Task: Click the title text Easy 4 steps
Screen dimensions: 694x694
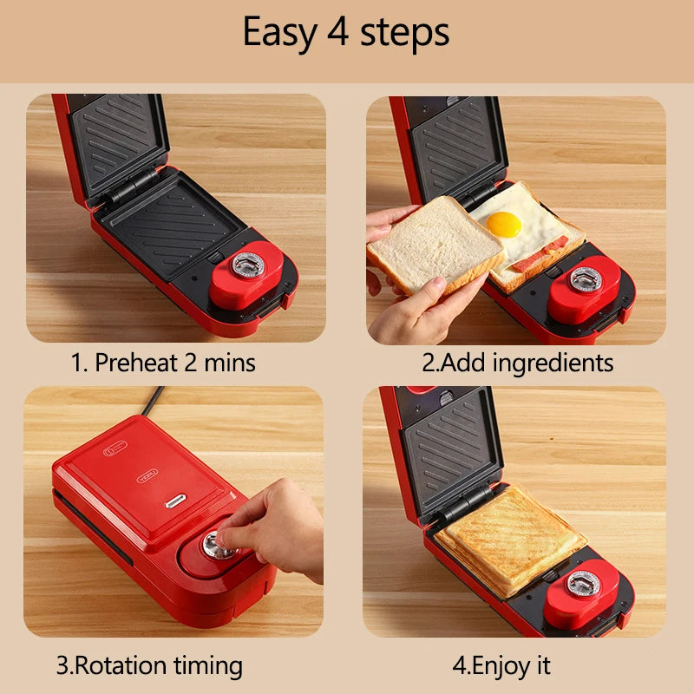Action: pyautogui.click(x=346, y=33)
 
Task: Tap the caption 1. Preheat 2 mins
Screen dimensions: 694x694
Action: pyautogui.click(x=163, y=362)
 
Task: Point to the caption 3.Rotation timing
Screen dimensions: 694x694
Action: pyautogui.click(x=149, y=665)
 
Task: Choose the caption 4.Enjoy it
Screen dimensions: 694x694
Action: pyautogui.click(x=501, y=665)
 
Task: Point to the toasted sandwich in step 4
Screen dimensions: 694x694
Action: pyautogui.click(x=509, y=539)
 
